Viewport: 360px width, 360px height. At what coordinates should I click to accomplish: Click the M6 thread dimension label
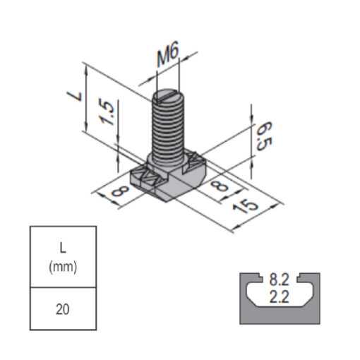(x=168, y=54)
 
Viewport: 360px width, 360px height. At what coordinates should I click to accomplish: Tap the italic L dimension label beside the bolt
(x=75, y=97)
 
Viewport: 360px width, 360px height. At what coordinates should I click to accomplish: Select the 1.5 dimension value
(x=107, y=113)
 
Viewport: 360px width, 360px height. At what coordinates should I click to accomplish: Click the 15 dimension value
(x=246, y=206)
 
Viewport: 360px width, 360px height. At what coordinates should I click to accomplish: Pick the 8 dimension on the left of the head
(x=121, y=191)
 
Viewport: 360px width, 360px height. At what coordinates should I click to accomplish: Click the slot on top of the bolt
(x=169, y=97)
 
